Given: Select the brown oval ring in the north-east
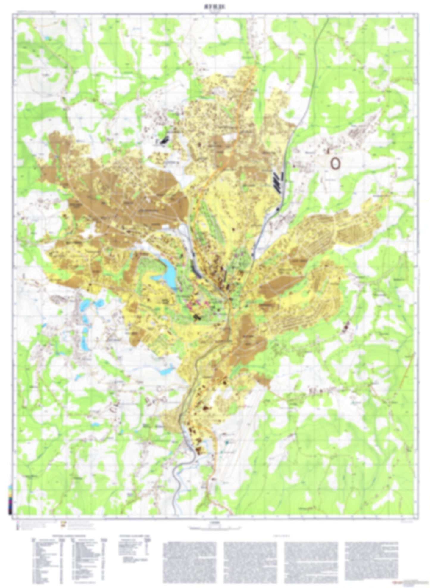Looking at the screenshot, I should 335,163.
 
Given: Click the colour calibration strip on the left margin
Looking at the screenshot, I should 11,500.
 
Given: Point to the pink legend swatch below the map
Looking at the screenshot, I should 18,522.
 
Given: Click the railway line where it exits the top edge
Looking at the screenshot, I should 328,18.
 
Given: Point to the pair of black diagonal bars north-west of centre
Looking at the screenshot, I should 165,139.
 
